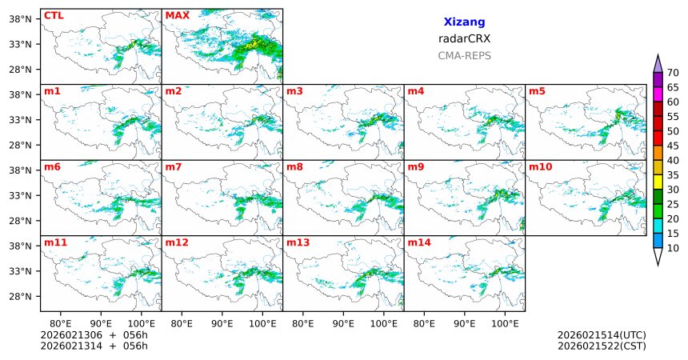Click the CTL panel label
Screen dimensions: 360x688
point(54,15)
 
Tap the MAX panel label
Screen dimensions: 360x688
point(177,15)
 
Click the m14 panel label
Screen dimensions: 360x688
point(419,242)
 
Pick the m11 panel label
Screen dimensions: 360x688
point(55,242)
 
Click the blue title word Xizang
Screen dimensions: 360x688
point(464,22)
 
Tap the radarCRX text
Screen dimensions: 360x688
point(464,38)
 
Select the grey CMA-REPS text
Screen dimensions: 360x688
point(464,56)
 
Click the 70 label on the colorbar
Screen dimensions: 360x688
point(673,73)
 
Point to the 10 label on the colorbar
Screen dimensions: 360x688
point(673,249)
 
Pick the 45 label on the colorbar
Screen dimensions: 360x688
point(673,146)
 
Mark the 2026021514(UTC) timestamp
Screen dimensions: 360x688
point(601,335)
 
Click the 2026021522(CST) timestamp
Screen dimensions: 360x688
point(601,346)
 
